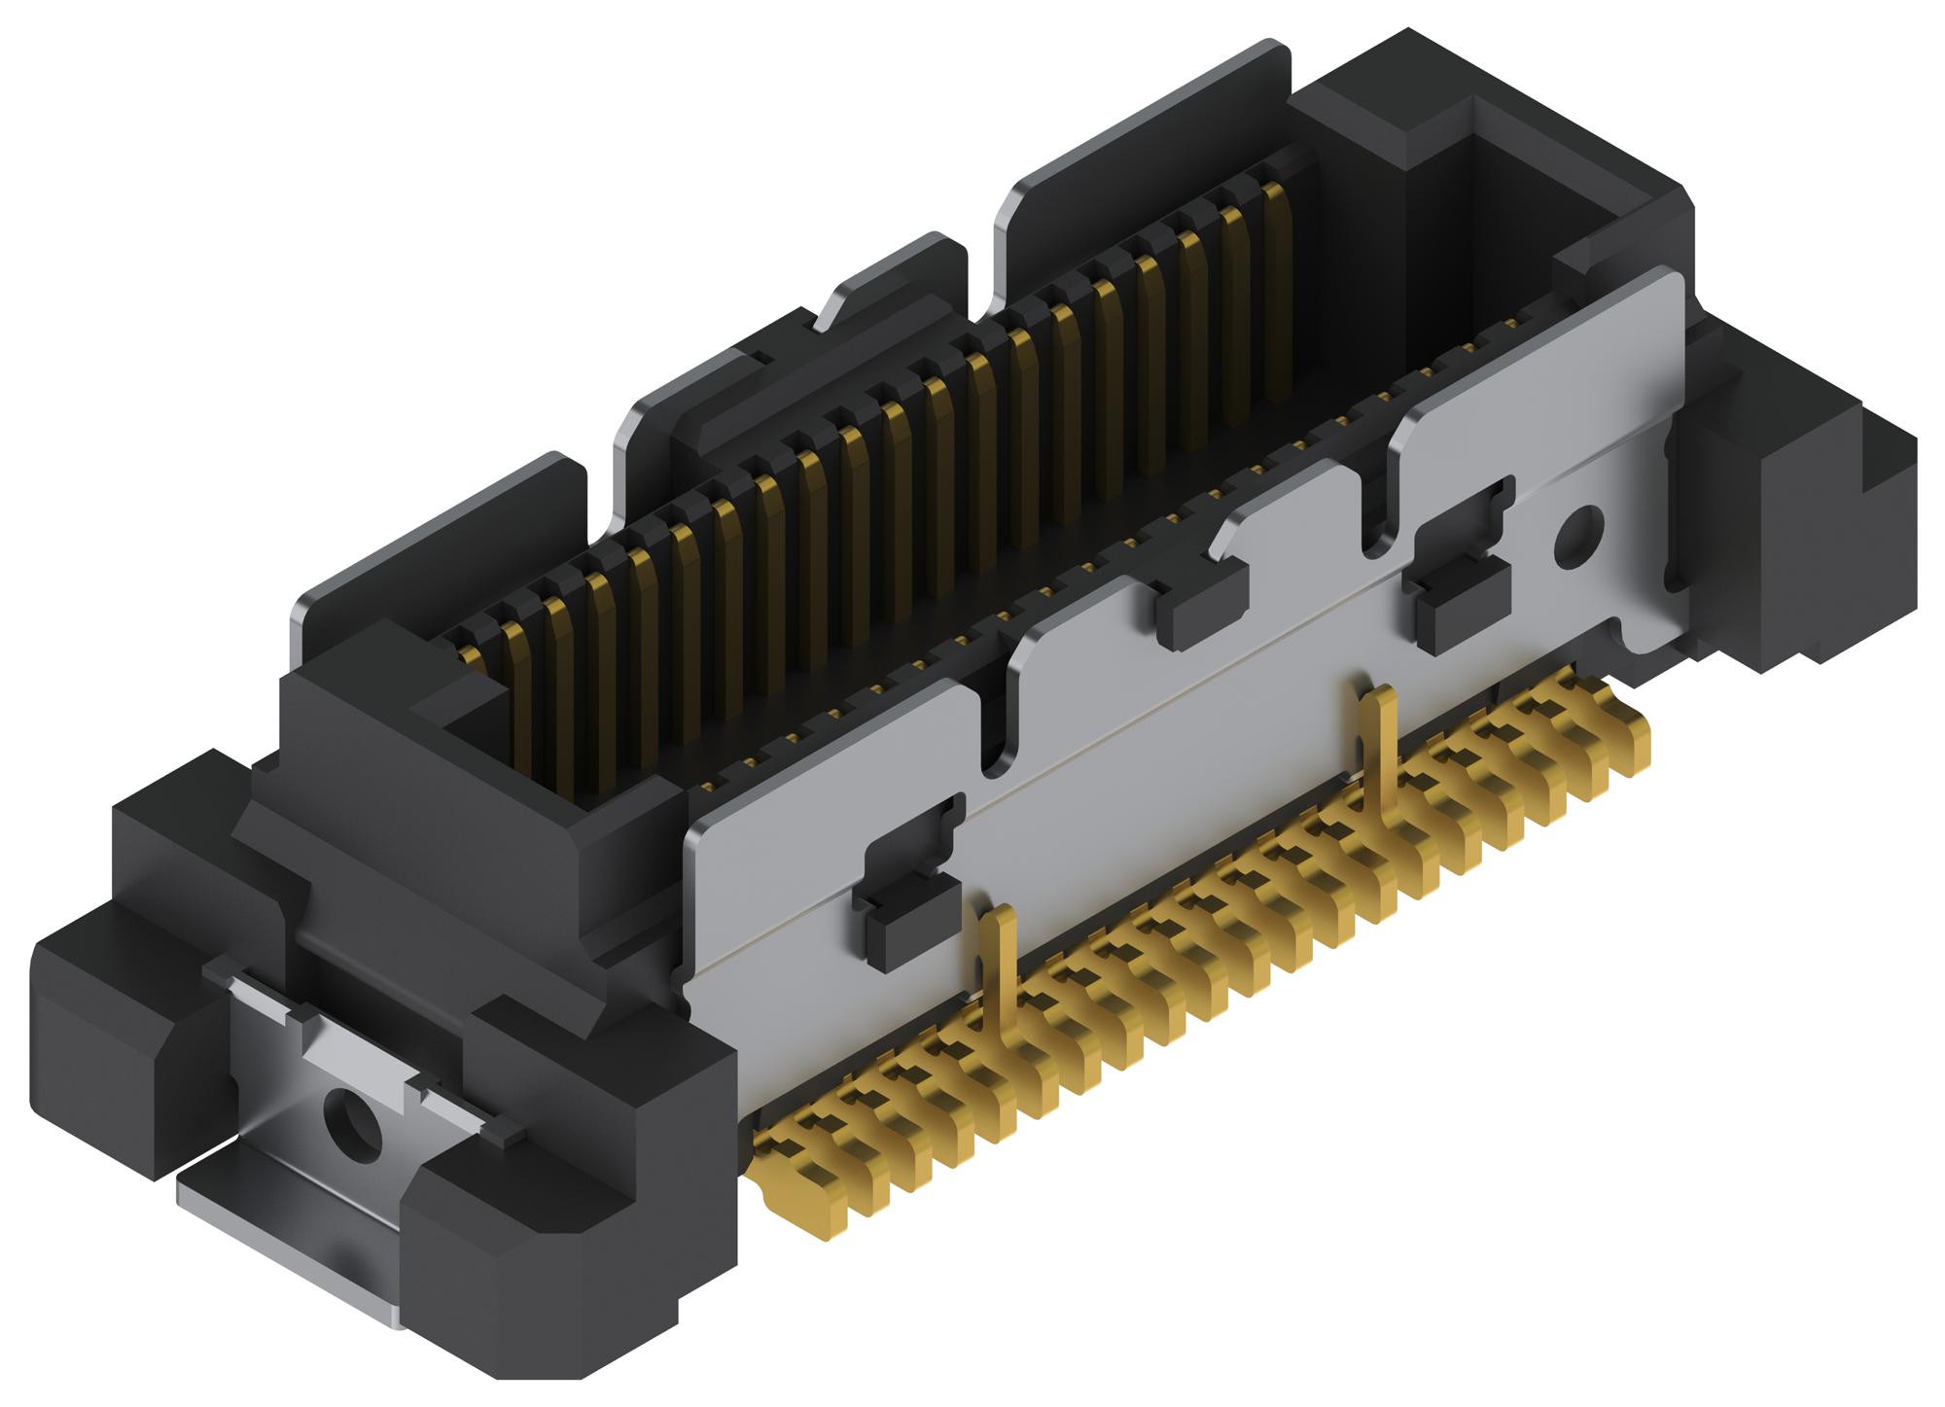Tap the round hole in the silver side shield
click(1577, 536)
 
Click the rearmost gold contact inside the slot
click(1275, 292)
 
